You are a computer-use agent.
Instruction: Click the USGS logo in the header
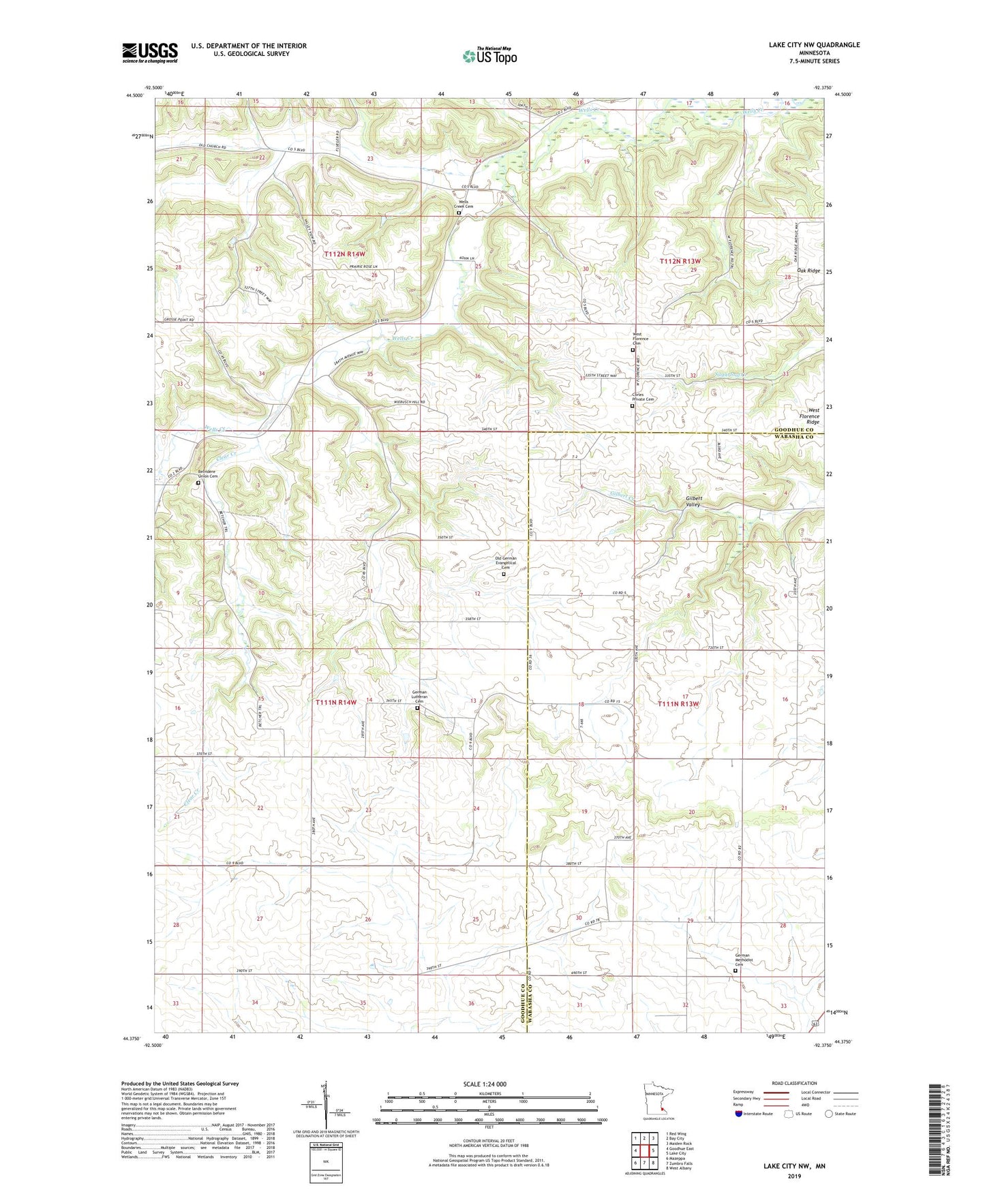150,52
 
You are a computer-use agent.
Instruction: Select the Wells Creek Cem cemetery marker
459,213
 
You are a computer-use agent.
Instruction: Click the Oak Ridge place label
808,271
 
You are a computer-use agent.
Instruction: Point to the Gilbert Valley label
693,502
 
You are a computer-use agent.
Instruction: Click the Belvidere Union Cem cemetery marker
198,483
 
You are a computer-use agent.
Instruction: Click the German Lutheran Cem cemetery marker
418,707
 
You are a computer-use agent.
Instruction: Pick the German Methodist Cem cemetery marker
735,971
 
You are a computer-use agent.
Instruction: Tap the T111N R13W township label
679,703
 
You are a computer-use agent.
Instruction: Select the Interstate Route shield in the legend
738,1114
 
